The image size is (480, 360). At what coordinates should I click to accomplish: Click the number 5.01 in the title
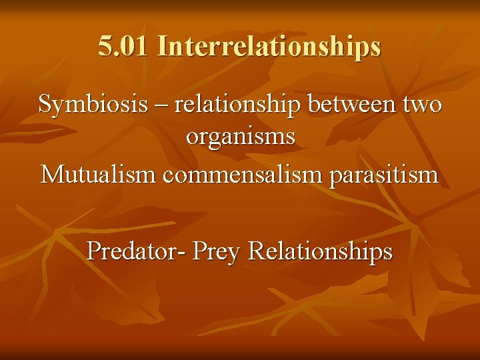pyautogui.click(x=125, y=46)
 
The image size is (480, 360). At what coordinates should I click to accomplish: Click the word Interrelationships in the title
pyautogui.click(x=269, y=46)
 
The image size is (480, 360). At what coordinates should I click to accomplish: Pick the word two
pyautogui.click(x=421, y=105)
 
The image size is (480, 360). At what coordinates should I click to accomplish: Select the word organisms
pyautogui.click(x=240, y=137)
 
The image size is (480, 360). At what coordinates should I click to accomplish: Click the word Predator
pyautogui.click(x=137, y=251)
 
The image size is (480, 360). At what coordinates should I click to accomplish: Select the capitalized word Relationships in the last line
pyautogui.click(x=320, y=252)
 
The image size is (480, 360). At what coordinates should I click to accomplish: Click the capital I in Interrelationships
pyautogui.click(x=163, y=46)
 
